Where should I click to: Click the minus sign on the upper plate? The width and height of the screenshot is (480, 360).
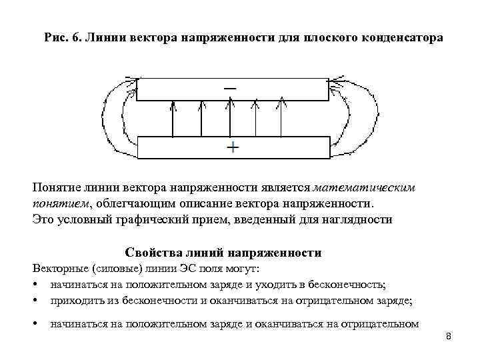point(230,88)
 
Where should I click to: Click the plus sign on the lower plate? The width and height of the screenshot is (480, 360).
point(232,147)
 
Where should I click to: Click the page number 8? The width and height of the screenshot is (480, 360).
point(449,336)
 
